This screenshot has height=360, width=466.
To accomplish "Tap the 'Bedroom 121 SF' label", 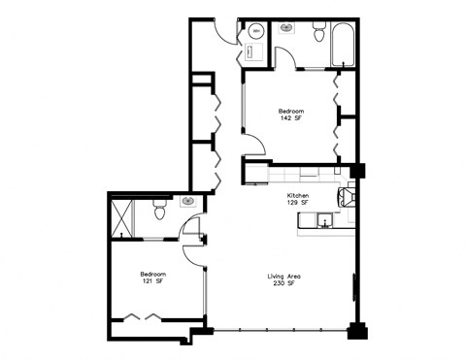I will (x=152, y=278).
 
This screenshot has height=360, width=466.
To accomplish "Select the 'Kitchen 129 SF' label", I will (x=297, y=199).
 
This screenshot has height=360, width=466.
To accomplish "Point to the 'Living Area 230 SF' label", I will (x=284, y=280).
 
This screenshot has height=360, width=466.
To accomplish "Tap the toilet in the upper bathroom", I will (x=317, y=35).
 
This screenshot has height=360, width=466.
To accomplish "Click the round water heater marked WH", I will (x=256, y=31).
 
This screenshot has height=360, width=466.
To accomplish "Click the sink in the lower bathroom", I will (x=187, y=201).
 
